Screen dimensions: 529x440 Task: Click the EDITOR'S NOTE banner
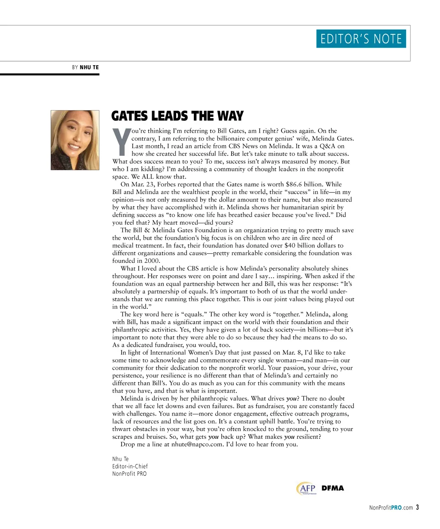coord(361,39)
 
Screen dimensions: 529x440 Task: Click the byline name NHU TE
coord(89,67)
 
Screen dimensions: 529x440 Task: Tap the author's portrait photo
coord(75,140)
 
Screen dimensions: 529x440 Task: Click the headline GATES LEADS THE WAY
coord(177,116)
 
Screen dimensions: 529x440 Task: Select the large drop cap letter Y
coord(121,142)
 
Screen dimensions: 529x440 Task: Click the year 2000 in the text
coord(152,261)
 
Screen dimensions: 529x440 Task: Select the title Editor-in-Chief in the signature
coord(130,466)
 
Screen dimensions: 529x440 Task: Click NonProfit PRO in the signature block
coord(129,474)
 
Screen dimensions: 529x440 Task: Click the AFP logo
coord(306,489)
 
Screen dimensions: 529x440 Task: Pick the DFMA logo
coord(333,488)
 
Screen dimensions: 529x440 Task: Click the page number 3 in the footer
coord(417,508)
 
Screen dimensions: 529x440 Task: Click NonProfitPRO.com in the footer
coord(391,508)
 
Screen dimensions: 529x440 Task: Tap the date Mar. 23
coord(140,184)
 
